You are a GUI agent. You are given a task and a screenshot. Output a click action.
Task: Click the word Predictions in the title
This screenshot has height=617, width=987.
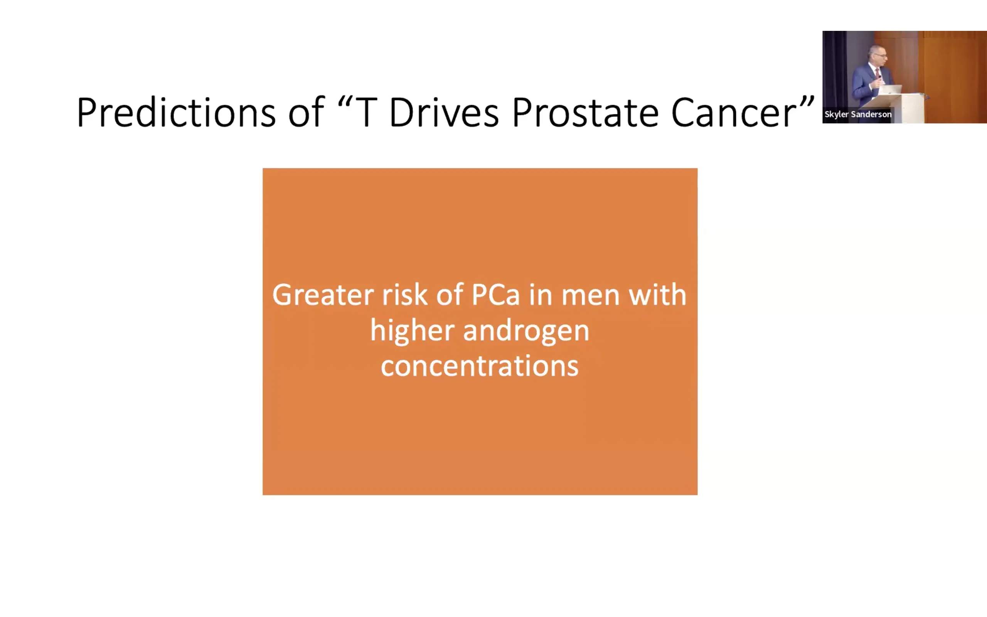tap(176, 112)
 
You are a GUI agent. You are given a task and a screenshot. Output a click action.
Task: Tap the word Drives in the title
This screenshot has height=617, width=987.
tap(444, 112)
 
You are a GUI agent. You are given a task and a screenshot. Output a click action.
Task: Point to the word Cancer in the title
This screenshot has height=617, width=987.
tap(734, 113)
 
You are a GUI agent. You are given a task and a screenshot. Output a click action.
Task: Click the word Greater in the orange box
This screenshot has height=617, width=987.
tap(322, 295)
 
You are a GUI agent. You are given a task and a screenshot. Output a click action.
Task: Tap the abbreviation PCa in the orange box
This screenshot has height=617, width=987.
tap(495, 295)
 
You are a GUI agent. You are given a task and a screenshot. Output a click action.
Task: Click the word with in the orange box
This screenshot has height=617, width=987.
tap(657, 294)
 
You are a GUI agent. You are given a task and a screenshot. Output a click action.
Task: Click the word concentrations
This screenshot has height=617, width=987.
tap(480, 366)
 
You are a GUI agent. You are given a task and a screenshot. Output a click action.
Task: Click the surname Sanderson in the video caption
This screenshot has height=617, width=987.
tap(871, 114)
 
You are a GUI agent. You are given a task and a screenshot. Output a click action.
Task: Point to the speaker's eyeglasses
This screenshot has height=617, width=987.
tap(881, 55)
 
